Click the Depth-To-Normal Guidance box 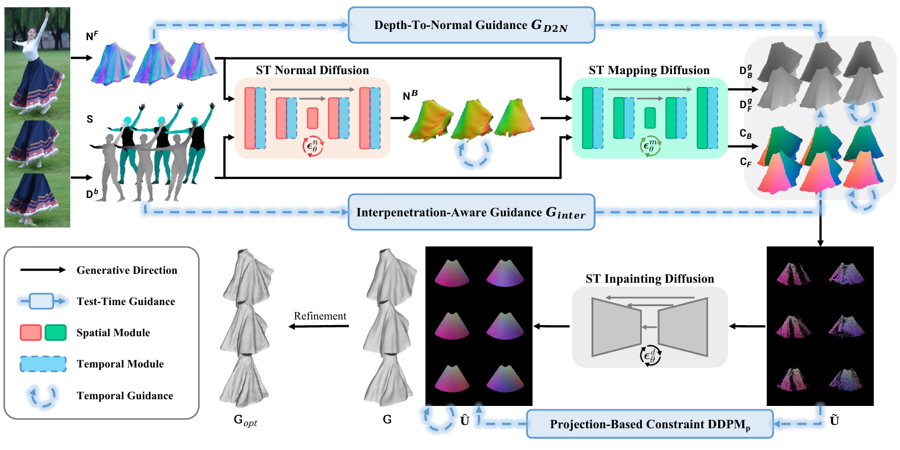[471, 25]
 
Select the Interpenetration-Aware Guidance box [471, 212]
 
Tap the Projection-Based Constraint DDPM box [650, 424]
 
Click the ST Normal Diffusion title [312, 70]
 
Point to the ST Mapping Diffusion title [649, 70]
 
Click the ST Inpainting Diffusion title [650, 279]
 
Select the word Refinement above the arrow [320, 316]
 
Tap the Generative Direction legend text [127, 270]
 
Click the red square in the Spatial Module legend [31, 333]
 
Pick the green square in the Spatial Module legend [55, 333]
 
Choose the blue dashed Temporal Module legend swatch [43, 364]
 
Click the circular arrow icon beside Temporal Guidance [43, 395]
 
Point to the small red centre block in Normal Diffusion [312, 118]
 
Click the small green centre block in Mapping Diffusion [650, 118]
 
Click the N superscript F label [92, 36]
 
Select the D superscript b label [92, 194]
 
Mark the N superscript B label [410, 95]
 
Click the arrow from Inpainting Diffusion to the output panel [552, 326]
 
